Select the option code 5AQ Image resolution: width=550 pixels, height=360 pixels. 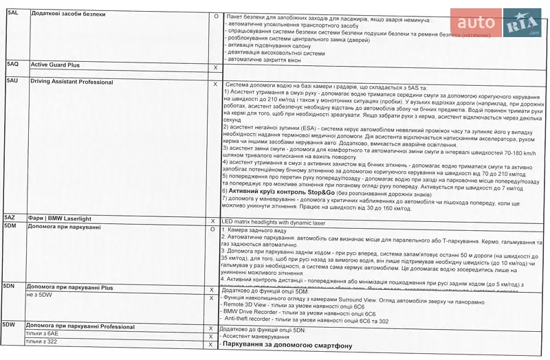pos(12,65)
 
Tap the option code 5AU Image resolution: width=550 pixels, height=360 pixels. pos(12,82)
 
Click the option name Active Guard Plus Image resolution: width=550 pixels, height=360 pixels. pos(55,65)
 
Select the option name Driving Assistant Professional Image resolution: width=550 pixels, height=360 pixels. pos(71,82)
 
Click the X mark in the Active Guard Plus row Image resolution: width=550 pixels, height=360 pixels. pos(215,67)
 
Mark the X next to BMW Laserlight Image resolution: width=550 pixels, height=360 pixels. pos(213,221)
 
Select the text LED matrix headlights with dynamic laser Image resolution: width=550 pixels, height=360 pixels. pos(282,222)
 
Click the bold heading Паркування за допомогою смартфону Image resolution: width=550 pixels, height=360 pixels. pos(287,345)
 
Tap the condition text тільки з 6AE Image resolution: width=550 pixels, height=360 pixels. pos(42,333)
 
